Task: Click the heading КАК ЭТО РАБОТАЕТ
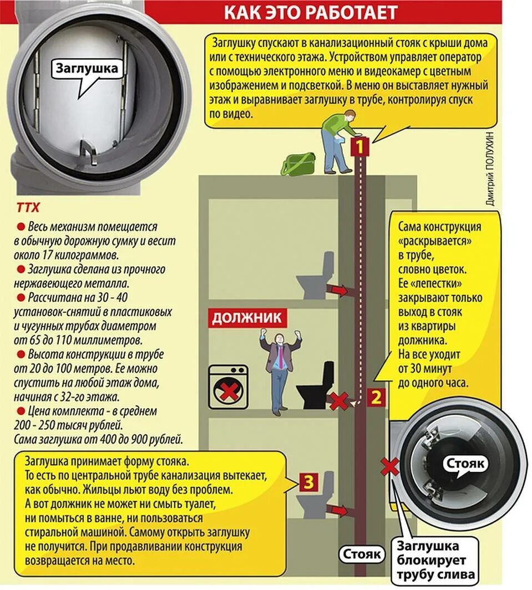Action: click(311, 12)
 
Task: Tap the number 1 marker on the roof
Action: click(360, 147)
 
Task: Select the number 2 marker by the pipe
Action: click(376, 397)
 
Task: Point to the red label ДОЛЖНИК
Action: click(248, 318)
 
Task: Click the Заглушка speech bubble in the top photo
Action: click(87, 69)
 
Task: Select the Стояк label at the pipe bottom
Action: click(361, 553)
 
